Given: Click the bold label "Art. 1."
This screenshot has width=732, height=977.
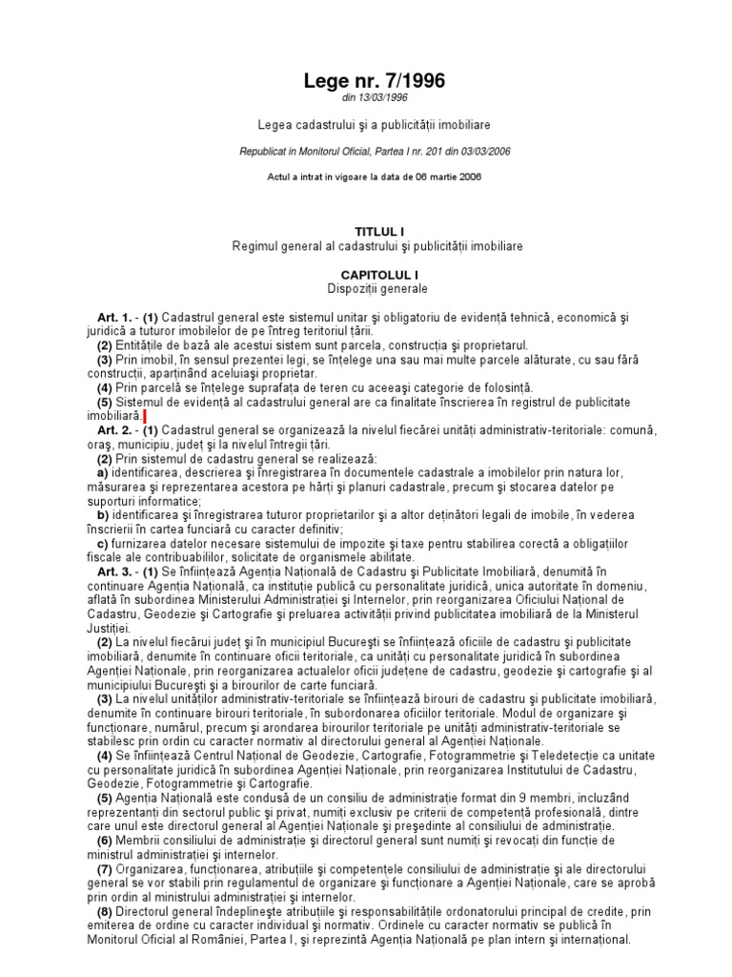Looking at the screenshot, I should (x=113, y=316).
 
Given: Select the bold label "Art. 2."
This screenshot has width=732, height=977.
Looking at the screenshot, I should (x=113, y=432).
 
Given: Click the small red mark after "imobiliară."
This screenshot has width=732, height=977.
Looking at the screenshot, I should (x=144, y=418).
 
